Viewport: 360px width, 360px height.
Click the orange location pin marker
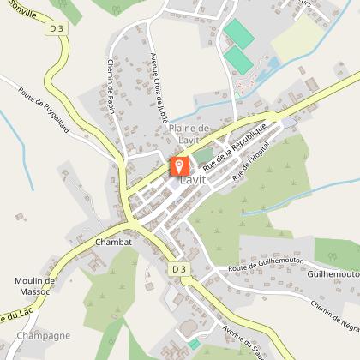click(x=179, y=165)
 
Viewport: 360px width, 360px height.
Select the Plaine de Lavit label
click(x=189, y=135)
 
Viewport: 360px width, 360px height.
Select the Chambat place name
click(x=113, y=243)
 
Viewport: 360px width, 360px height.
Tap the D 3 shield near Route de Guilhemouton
click(x=178, y=268)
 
